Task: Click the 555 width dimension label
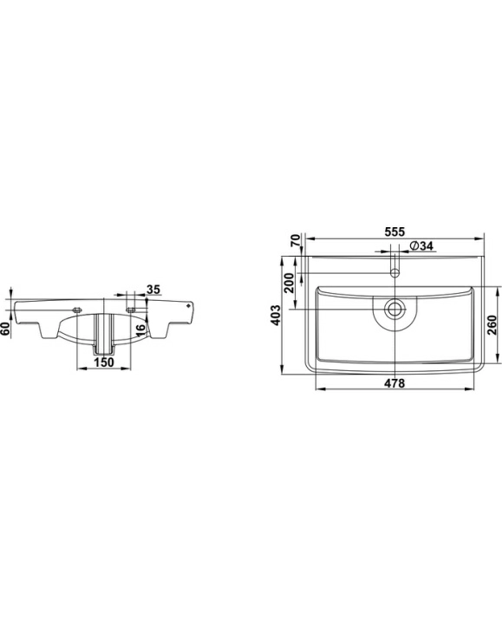[394, 232]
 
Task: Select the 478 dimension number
[394, 383]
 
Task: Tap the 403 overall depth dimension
[277, 315]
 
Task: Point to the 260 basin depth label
[492, 324]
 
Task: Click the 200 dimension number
[290, 283]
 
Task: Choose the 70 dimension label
[296, 240]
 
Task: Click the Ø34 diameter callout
[421, 245]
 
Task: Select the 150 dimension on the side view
[104, 362]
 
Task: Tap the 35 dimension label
[153, 290]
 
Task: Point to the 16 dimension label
[140, 330]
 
